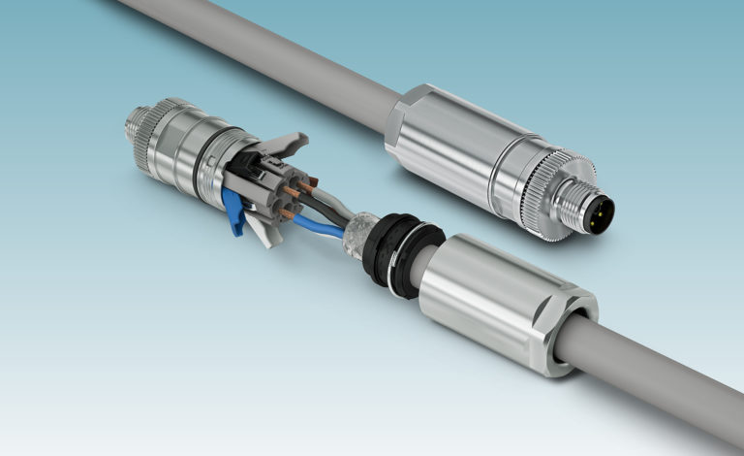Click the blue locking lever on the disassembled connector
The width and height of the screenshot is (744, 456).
pos(232,206)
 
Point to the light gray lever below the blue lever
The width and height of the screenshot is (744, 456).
pos(256,228)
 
